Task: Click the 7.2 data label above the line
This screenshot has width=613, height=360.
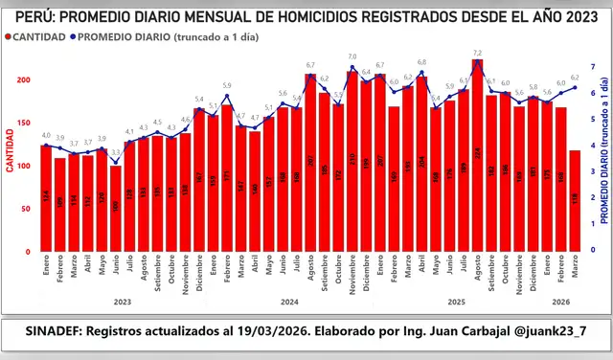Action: [x=477, y=52]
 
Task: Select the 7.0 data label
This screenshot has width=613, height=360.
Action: [x=352, y=57]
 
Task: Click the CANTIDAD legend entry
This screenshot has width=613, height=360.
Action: [x=36, y=36]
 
